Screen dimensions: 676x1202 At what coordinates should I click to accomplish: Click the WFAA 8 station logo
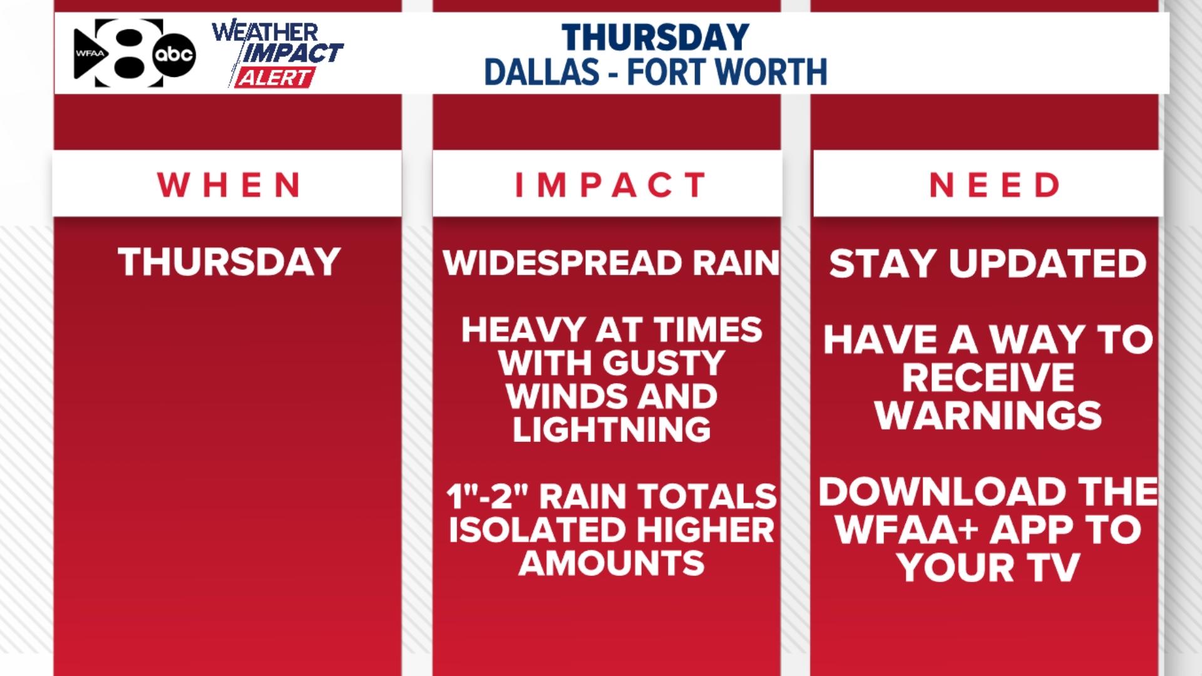coord(119,54)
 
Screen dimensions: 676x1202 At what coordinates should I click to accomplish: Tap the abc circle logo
coord(174,54)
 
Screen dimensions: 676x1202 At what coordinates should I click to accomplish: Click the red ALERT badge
coord(274,78)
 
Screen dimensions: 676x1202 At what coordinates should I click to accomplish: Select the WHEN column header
coord(229,185)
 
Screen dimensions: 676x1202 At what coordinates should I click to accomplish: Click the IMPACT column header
coord(610,185)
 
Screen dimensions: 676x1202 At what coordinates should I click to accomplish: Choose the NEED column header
coord(995,185)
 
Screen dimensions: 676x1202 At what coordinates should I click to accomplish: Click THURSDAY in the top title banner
coord(655,38)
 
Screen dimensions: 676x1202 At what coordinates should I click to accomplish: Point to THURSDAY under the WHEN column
coord(229,262)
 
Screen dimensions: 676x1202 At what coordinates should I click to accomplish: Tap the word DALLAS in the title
coord(542,72)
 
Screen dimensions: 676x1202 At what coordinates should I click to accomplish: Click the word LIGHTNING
coord(612,430)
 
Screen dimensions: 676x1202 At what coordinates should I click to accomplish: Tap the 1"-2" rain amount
coord(488,497)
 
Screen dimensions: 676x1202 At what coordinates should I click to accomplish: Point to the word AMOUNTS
coord(612,563)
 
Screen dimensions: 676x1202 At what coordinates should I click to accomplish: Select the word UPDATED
coord(1047,263)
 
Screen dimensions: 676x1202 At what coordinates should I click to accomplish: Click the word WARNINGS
coord(989,416)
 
